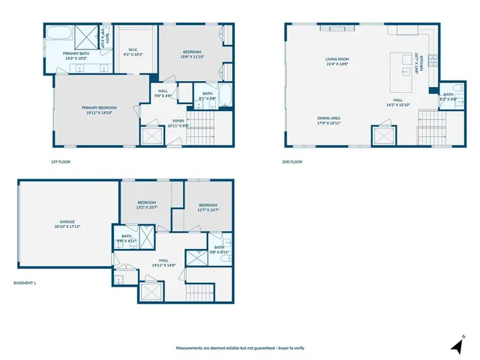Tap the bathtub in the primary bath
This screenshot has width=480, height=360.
[x=58, y=36]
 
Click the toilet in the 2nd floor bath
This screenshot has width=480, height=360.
[x=458, y=106]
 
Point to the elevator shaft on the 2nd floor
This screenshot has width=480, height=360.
[x=383, y=136]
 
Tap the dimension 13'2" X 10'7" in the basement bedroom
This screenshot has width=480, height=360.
[x=146, y=208]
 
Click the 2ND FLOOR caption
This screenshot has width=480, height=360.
[x=292, y=161]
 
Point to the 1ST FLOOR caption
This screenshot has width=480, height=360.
[x=61, y=161]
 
